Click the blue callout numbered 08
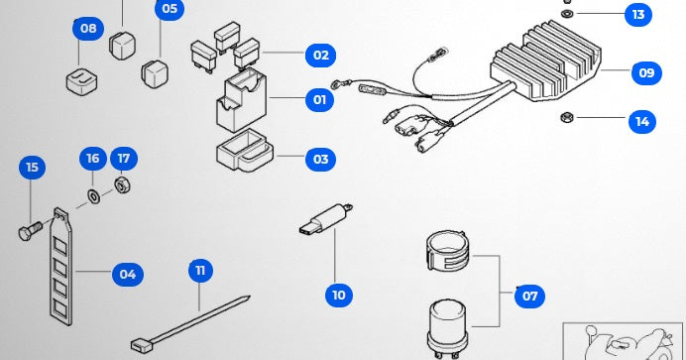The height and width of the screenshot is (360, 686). (x=88, y=29)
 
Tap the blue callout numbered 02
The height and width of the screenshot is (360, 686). (x=320, y=56)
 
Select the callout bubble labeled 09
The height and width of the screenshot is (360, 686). (x=646, y=72)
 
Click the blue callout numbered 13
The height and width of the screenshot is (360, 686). (x=638, y=15)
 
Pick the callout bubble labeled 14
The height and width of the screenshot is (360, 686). (x=642, y=121)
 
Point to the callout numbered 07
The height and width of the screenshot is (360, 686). (x=529, y=297)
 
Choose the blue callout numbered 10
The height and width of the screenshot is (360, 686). (x=339, y=296)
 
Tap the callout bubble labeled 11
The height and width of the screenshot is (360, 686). (x=201, y=271)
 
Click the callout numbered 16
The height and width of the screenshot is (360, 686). (x=93, y=159)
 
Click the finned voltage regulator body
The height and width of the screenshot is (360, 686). (x=546, y=60)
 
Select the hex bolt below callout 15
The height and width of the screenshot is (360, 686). (x=31, y=230)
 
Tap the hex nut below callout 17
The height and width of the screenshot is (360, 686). (x=123, y=184)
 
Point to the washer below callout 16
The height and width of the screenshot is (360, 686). (x=93, y=196)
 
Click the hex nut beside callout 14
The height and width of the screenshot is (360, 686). (x=567, y=117)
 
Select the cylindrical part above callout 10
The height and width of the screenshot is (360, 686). (x=327, y=217)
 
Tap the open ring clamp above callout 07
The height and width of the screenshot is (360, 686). (x=447, y=251)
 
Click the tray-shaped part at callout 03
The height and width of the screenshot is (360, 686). (x=245, y=150)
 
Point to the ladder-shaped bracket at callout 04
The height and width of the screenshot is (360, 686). (x=61, y=267)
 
